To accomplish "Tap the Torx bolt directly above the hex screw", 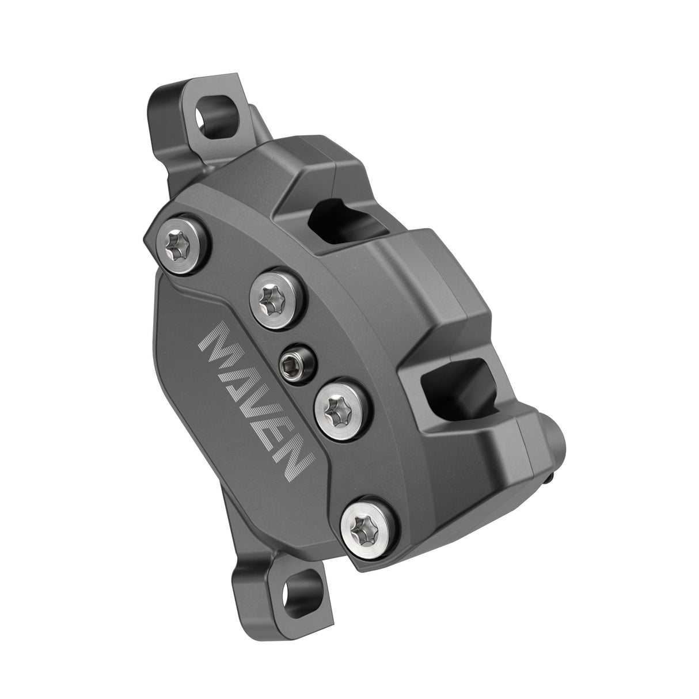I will [273, 296].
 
